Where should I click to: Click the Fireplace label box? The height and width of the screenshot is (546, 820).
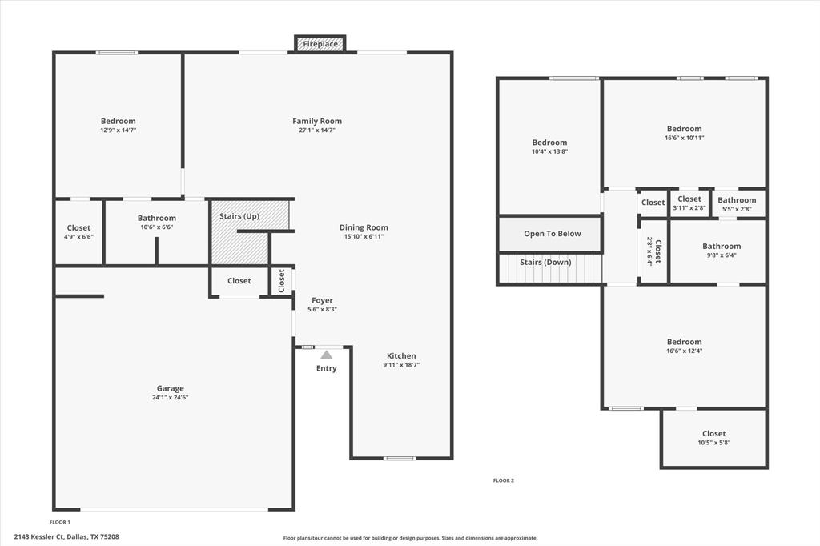(x=320, y=44)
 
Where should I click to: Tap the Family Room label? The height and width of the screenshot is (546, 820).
(x=317, y=122)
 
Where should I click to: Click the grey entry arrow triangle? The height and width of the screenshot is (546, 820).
(x=327, y=355)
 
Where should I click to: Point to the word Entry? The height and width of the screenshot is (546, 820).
(x=327, y=368)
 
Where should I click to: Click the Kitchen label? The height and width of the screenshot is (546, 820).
(x=401, y=356)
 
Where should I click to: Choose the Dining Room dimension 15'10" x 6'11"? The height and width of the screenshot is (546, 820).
(x=364, y=236)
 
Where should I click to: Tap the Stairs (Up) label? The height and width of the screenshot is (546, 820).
(x=239, y=216)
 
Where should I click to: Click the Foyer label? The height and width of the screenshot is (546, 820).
(x=323, y=300)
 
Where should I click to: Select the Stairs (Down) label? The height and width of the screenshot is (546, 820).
(x=545, y=263)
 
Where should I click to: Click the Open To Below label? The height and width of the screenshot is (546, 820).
(x=553, y=234)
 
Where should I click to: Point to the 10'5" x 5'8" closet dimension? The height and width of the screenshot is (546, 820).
(x=713, y=442)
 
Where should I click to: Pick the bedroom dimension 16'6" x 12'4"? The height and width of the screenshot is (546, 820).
(x=684, y=351)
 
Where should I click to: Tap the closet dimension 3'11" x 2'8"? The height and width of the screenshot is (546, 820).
(x=689, y=208)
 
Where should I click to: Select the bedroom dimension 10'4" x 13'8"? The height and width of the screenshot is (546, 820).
(x=549, y=151)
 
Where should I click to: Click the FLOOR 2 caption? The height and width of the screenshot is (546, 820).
(x=503, y=480)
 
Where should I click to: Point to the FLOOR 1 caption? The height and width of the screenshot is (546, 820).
(x=60, y=521)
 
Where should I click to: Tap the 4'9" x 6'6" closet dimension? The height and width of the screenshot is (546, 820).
(x=78, y=237)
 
